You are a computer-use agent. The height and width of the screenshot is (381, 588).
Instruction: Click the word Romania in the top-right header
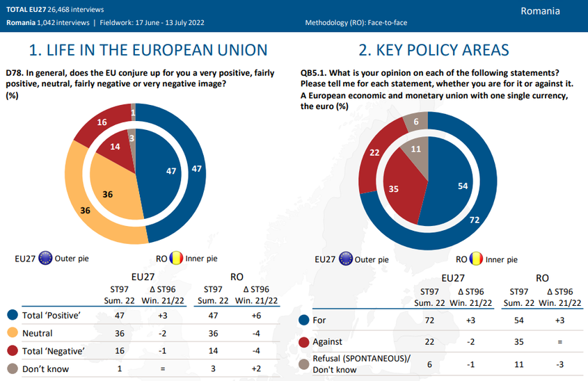540,11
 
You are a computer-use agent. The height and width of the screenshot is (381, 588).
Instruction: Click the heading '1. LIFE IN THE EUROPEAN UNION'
148,50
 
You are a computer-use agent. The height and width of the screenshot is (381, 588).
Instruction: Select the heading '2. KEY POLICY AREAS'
434,50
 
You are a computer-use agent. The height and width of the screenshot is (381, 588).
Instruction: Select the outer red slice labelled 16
102,122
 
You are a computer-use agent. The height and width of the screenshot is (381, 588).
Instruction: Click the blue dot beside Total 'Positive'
11,314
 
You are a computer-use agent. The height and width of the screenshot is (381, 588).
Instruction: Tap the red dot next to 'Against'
303,342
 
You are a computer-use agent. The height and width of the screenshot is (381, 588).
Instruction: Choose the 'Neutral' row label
38,333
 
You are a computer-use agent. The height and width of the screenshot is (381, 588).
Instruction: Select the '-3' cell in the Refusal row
560,364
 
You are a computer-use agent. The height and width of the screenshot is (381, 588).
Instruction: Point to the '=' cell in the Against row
560,342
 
